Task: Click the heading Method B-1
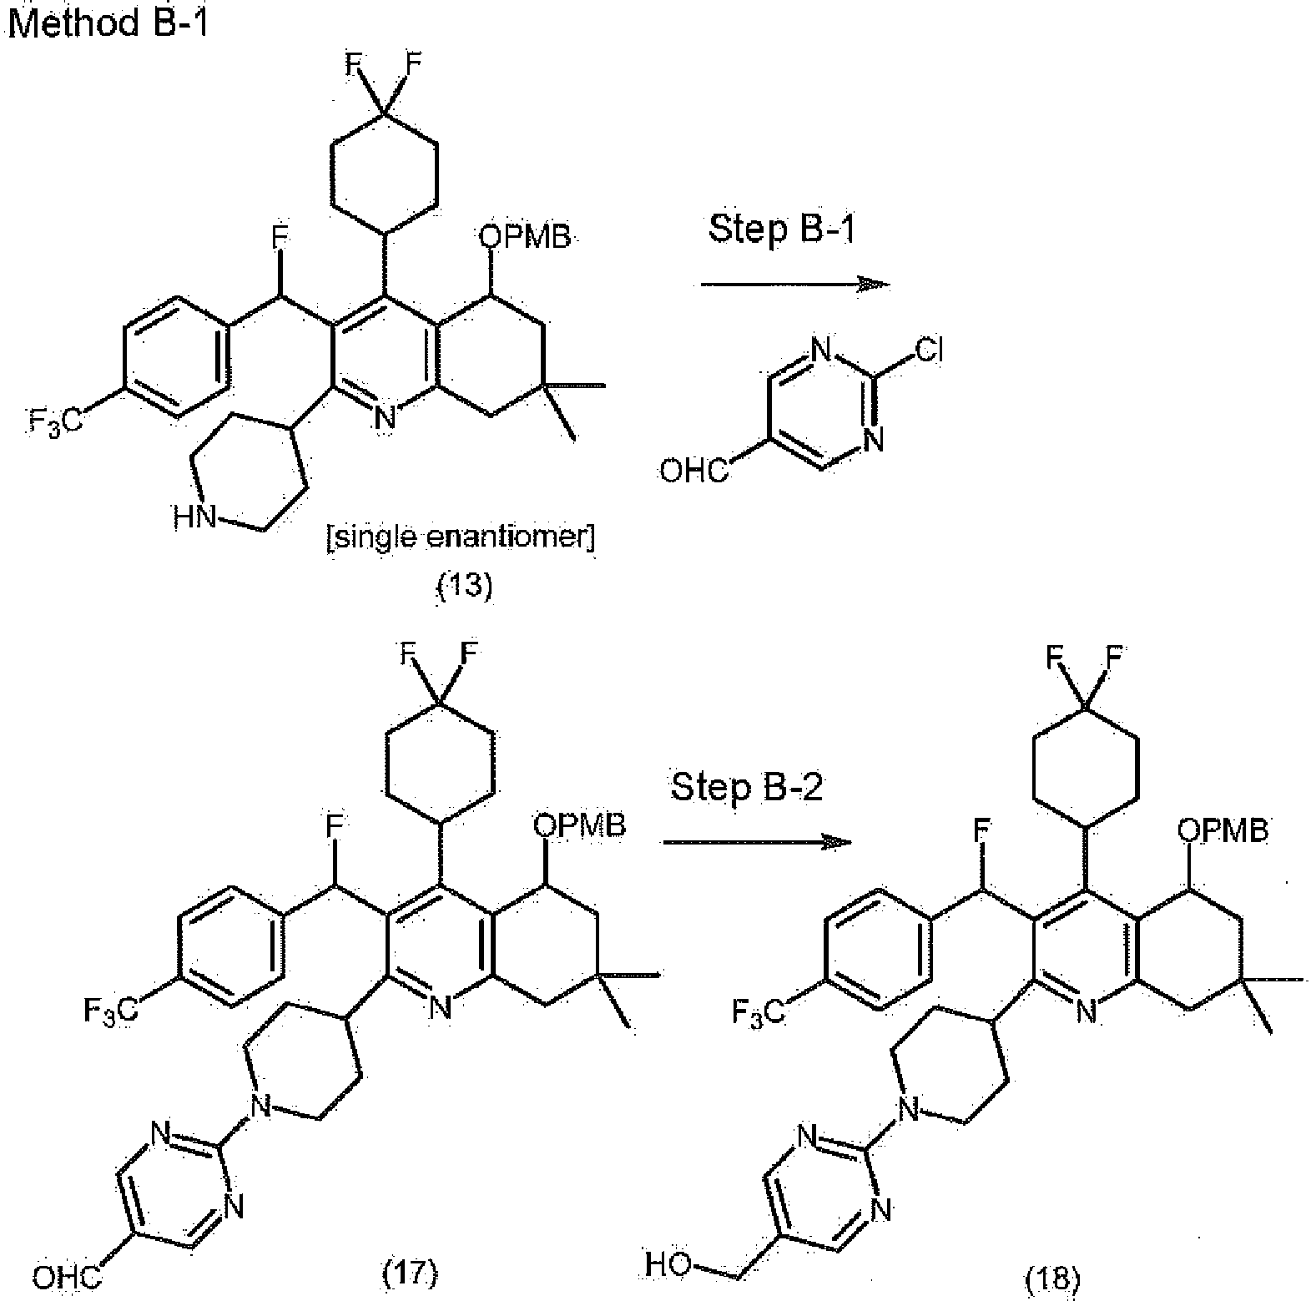click(x=108, y=22)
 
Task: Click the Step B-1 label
click(x=782, y=228)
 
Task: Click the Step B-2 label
click(x=747, y=787)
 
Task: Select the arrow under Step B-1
click(x=795, y=285)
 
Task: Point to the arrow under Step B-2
click(x=757, y=843)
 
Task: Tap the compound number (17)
click(x=410, y=1273)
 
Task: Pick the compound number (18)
click(x=1055, y=1277)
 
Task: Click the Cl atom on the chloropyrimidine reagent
click(x=928, y=351)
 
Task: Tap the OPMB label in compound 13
click(x=525, y=238)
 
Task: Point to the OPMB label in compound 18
click(x=1223, y=830)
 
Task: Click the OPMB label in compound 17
click(x=579, y=826)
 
